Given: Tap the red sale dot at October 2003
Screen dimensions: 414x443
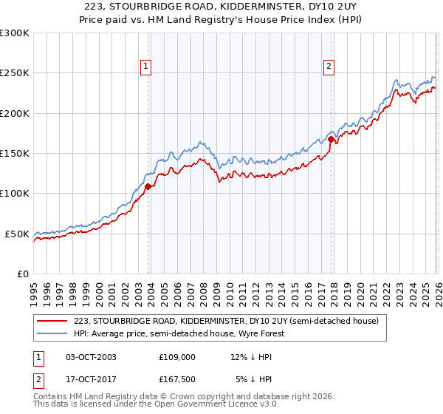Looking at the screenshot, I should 148,186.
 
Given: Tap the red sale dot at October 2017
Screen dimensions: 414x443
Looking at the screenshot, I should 332,139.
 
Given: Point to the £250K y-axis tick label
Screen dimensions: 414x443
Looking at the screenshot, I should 15,73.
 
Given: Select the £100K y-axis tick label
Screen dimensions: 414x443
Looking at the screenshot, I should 15,193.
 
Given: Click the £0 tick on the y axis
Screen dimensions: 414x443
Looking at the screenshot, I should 22,274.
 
